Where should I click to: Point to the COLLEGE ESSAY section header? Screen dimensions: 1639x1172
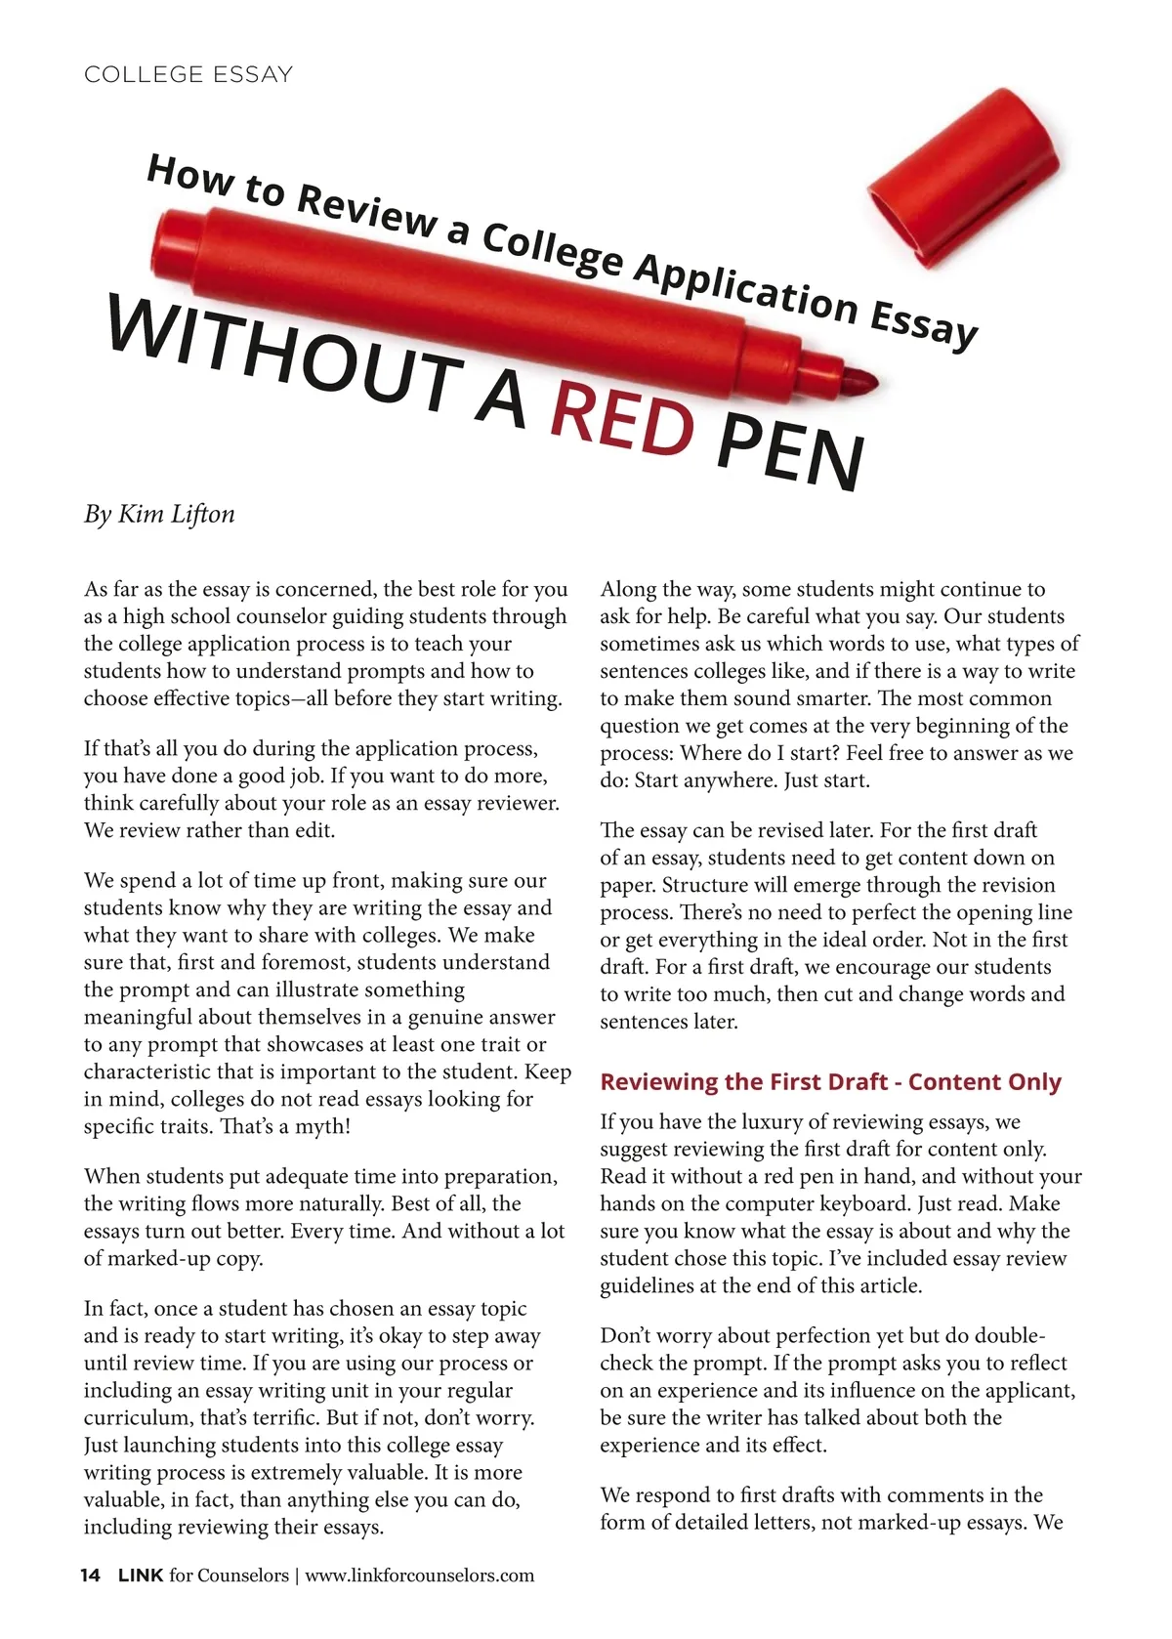(x=188, y=75)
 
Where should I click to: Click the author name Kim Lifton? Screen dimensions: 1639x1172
(x=176, y=514)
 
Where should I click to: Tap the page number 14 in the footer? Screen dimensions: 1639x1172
(x=90, y=1576)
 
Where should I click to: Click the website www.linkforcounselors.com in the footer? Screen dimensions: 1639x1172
(x=420, y=1576)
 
